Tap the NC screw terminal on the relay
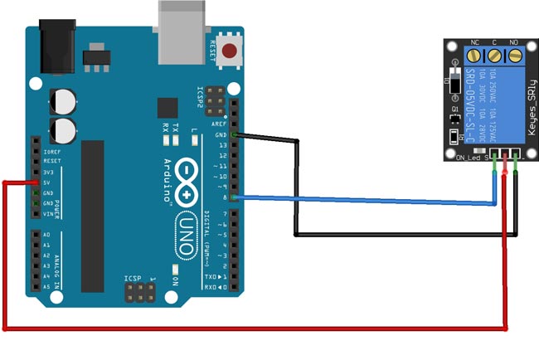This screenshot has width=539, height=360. point(475,56)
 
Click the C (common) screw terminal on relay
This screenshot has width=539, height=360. point(495,56)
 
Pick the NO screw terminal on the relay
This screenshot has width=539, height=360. point(515,56)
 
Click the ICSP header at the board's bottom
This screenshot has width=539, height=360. point(141,291)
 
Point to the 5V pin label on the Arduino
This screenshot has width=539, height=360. point(46,182)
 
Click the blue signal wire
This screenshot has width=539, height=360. point(365,199)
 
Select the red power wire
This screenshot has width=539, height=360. point(249,328)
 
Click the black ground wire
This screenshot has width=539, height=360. point(398,235)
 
